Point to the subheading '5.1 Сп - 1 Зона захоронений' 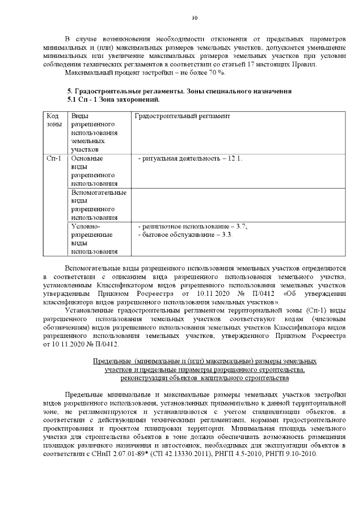(x=113, y=99)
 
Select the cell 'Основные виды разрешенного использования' (x=94, y=170)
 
